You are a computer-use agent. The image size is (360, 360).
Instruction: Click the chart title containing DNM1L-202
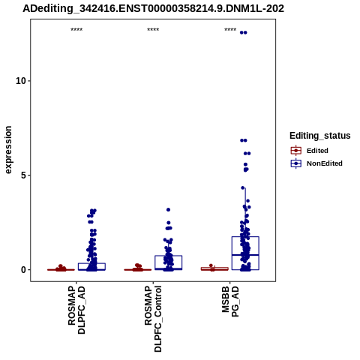pyautogui.click(x=153, y=8)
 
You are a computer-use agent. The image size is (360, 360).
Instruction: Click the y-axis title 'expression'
pyautogui.click(x=8, y=150)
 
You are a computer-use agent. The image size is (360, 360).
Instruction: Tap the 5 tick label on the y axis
pyautogui.click(x=24, y=175)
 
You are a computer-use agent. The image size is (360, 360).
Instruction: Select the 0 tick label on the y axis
pyautogui.click(x=24, y=270)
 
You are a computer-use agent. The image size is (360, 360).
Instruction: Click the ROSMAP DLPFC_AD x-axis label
pyautogui.click(x=76, y=310)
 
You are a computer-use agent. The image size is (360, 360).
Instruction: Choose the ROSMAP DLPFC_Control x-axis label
pyautogui.click(x=153, y=319)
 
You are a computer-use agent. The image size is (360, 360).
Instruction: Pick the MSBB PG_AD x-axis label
pyautogui.click(x=230, y=301)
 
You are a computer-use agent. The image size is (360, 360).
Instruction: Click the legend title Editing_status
pyautogui.click(x=320, y=136)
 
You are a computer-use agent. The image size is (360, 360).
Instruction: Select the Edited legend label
pyautogui.click(x=317, y=151)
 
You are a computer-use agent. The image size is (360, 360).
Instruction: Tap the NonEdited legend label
pyautogui.click(x=325, y=163)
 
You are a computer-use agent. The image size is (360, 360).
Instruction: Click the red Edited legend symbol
pyautogui.click(x=296, y=151)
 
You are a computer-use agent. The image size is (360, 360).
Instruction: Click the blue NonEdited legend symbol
pyautogui.click(x=296, y=163)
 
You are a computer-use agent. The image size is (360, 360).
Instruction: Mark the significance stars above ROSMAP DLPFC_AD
pyautogui.click(x=76, y=30)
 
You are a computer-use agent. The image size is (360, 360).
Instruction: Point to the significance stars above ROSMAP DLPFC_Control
pyautogui.click(x=153, y=30)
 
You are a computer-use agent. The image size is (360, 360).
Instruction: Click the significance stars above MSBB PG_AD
pyautogui.click(x=230, y=30)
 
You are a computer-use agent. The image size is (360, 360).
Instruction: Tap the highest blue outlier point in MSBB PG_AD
pyautogui.click(x=244, y=32)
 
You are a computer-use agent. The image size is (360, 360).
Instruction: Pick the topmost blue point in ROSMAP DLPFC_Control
pyautogui.click(x=169, y=209)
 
